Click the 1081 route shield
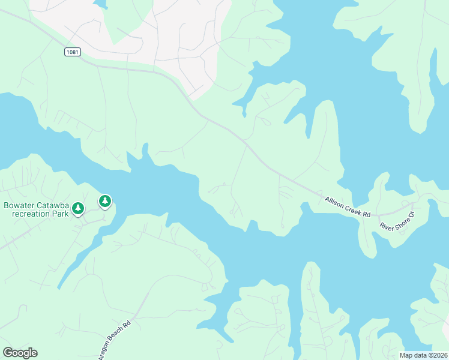pyautogui.click(x=72, y=52)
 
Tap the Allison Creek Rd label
pyautogui.click(x=348, y=207)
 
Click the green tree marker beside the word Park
pyautogui.click(x=78, y=208)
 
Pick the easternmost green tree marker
pyautogui.click(x=105, y=200)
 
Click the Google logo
pyautogui.click(x=20, y=353)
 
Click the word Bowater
pyautogui.click(x=20, y=205)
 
